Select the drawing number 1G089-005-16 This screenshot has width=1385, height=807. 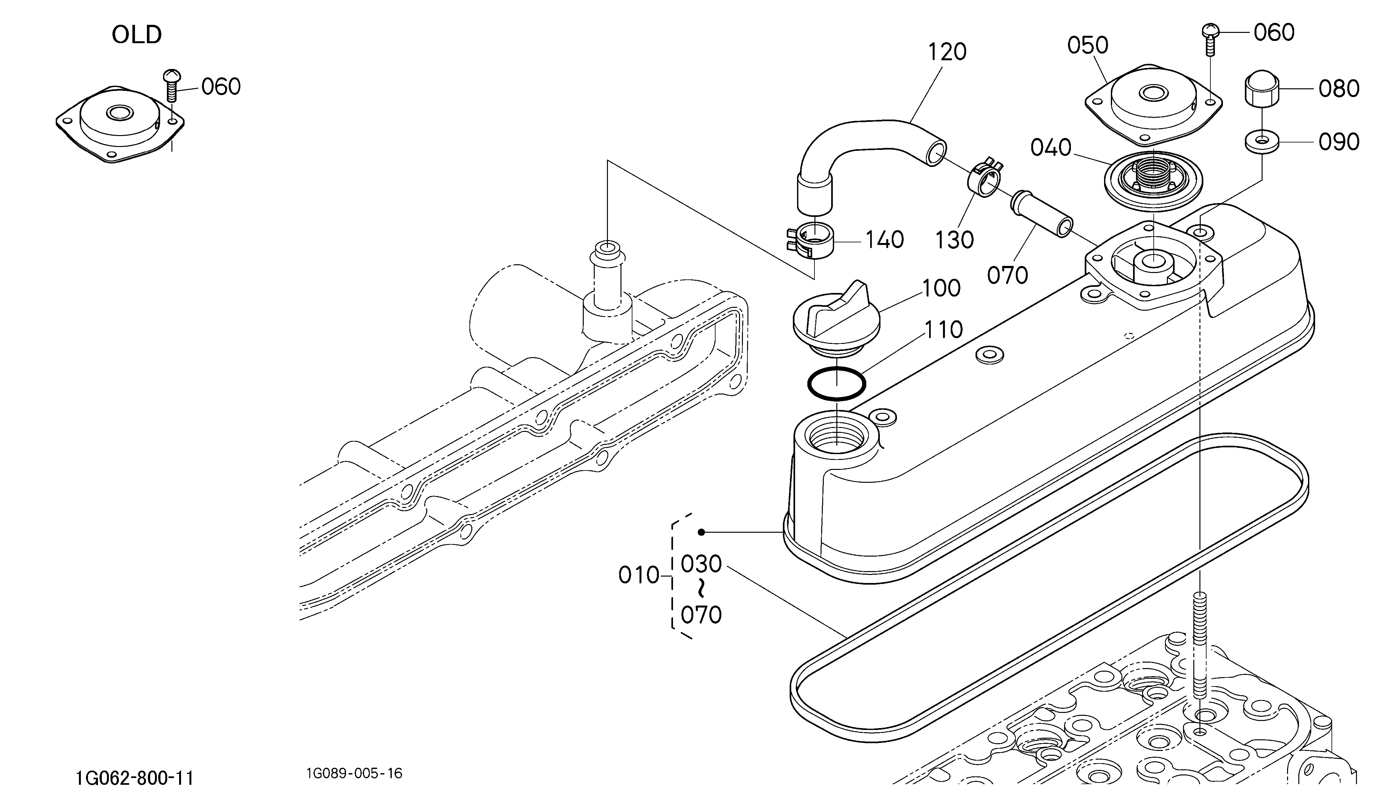(354, 773)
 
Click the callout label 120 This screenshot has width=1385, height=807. (947, 52)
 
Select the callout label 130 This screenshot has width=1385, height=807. (955, 240)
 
